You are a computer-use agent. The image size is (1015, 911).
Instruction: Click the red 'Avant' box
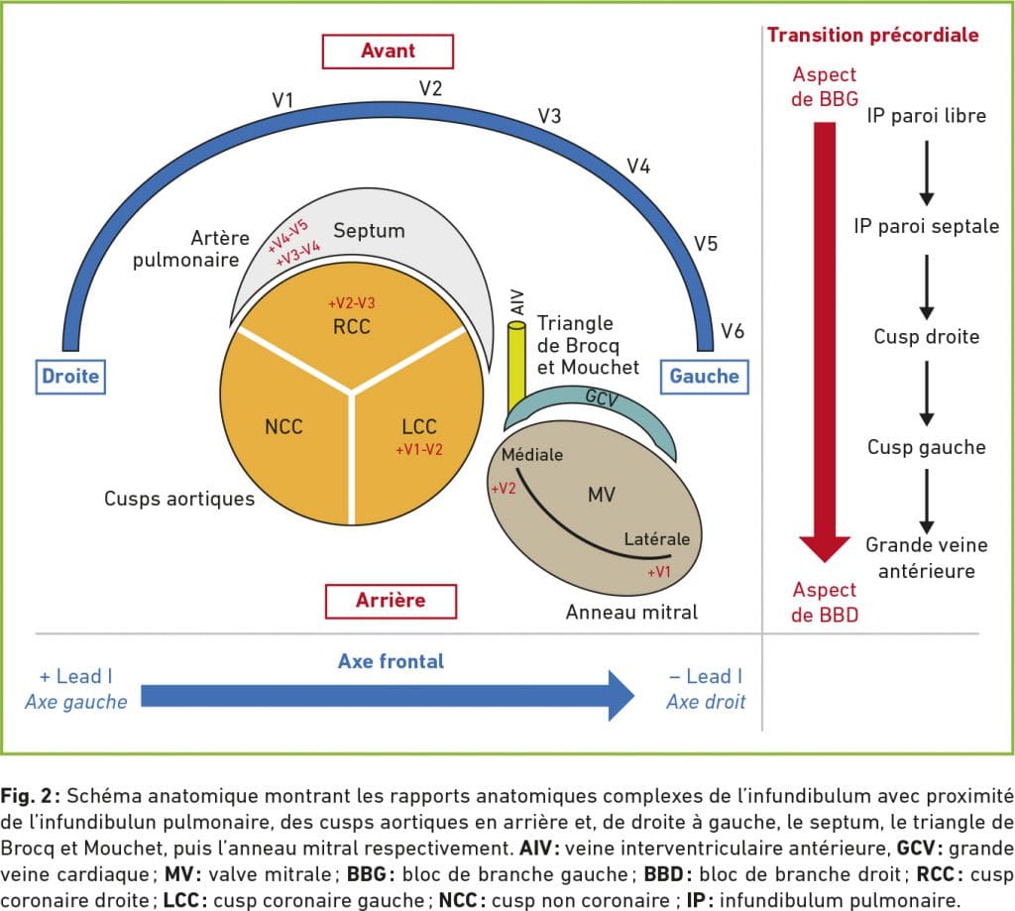tap(388, 52)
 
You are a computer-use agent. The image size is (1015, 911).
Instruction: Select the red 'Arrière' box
tap(391, 601)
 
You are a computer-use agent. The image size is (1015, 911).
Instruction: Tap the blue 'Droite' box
tap(70, 377)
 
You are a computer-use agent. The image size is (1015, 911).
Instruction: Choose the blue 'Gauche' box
tap(705, 377)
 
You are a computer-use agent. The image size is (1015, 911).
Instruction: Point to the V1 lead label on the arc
tap(282, 100)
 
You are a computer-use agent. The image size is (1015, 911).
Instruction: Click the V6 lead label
tap(733, 331)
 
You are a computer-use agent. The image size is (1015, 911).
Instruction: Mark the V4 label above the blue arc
tap(638, 167)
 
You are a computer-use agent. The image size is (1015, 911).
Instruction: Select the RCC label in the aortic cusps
tap(352, 326)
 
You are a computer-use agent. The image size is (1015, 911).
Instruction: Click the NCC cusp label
tap(283, 426)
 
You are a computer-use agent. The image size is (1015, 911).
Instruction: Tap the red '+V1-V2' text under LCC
tap(419, 449)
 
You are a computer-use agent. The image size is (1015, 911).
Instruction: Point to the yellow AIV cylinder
tap(516, 367)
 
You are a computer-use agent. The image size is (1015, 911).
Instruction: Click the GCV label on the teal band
tap(602, 398)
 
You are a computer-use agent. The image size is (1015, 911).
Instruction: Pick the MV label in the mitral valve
tap(602, 495)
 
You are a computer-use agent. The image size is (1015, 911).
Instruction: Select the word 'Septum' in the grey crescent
tap(369, 231)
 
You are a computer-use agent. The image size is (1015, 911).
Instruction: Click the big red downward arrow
tap(824, 341)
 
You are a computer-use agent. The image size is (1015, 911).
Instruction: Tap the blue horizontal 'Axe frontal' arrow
tap(388, 696)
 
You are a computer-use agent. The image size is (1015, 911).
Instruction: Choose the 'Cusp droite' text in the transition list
tap(927, 337)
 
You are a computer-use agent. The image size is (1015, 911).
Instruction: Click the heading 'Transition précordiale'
tap(872, 35)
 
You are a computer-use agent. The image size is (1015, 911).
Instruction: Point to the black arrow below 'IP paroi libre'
tap(927, 172)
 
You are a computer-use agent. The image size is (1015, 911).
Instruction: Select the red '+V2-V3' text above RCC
tap(352, 303)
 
